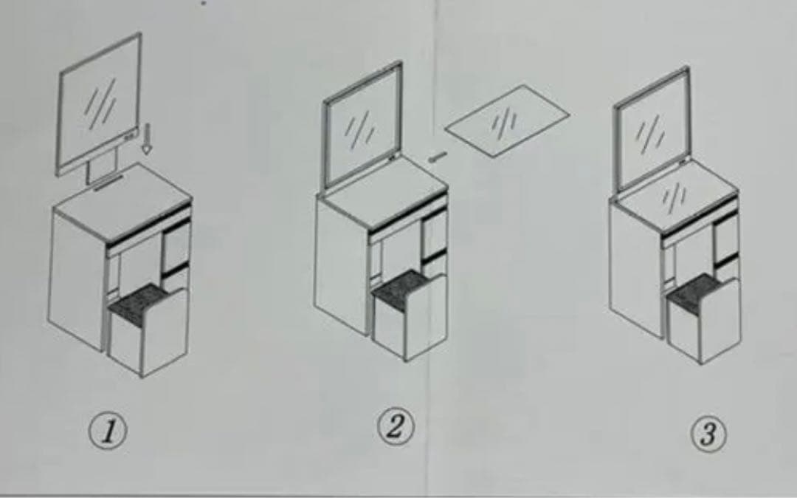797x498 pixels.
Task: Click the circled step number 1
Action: click(106, 432)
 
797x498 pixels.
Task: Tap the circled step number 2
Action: click(395, 426)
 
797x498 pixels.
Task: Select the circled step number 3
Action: click(708, 434)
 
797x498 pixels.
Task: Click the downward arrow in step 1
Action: click(147, 138)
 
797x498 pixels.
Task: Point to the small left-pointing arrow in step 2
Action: click(437, 157)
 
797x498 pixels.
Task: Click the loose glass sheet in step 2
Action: click(507, 121)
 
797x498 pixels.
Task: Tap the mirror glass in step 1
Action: click(100, 102)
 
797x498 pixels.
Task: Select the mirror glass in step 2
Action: click(362, 125)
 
